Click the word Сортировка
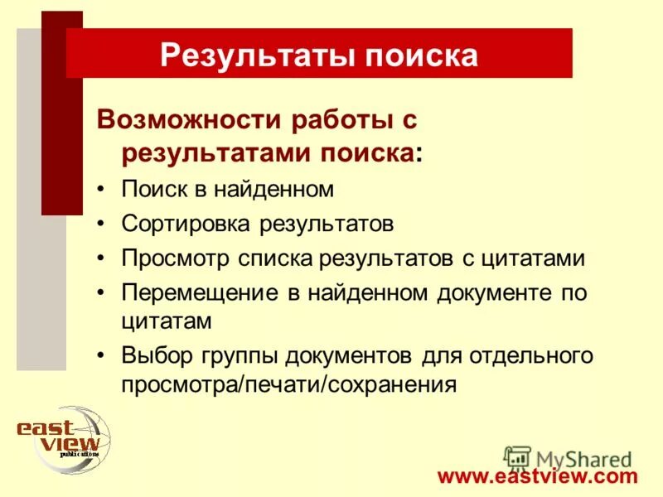click(x=188, y=224)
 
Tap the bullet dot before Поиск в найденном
click(x=100, y=190)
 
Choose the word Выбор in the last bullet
click(x=155, y=356)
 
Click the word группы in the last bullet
click(x=238, y=356)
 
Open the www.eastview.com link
click(x=538, y=476)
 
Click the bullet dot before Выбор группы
click(x=100, y=356)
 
